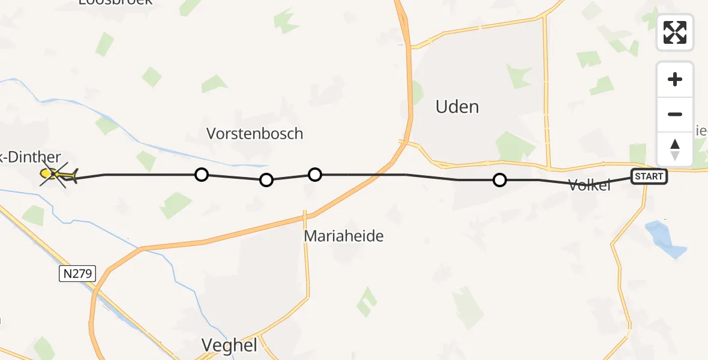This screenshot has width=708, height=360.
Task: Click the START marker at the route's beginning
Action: [649, 176]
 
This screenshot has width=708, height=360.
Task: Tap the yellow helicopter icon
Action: [58, 175]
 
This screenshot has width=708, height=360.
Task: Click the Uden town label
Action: [457, 107]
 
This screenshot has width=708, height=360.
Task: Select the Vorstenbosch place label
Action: [254, 133]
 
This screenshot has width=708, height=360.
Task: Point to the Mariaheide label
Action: [343, 236]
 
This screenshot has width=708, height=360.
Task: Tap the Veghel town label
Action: [229, 345]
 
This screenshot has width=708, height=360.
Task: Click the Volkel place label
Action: [589, 185]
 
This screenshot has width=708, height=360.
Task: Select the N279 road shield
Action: [77, 274]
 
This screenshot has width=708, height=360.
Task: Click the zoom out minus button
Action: [675, 115]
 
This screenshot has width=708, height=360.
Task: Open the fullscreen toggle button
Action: [675, 32]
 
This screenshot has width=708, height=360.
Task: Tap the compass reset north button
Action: [675, 149]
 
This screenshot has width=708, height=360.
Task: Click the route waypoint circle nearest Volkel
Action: [499, 179]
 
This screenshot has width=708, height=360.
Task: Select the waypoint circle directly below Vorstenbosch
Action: [266, 179]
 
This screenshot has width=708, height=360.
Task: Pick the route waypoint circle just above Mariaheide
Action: [315, 175]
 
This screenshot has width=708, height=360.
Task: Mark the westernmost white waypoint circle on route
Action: [202, 175]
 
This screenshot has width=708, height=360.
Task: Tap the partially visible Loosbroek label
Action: [116, 2]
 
